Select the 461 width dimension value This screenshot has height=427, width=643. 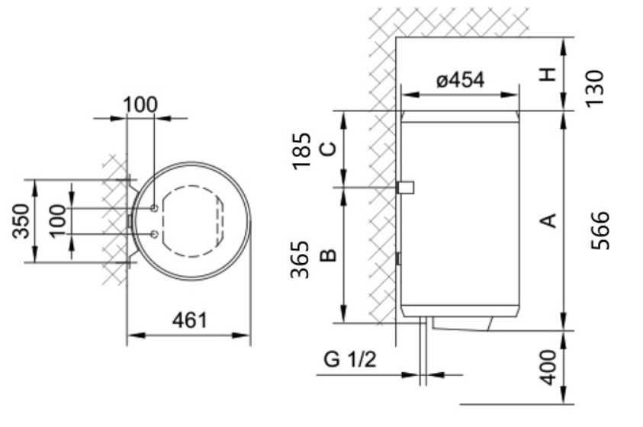point(188,319)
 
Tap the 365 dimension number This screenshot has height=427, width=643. point(303,259)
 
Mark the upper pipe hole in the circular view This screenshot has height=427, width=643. point(155,207)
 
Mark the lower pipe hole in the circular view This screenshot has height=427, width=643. point(155,234)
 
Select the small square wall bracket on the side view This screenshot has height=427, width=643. point(406,187)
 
